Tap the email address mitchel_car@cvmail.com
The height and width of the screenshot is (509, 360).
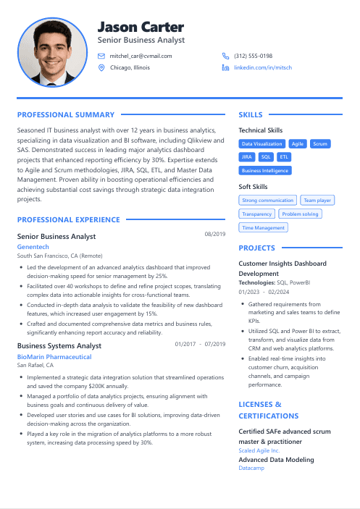(x=141, y=56)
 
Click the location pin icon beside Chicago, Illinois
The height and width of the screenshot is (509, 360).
(x=101, y=67)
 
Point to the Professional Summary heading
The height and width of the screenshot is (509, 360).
(x=66, y=114)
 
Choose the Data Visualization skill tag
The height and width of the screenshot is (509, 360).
(x=262, y=144)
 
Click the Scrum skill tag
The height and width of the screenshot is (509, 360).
(x=320, y=144)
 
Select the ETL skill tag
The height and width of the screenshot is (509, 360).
(x=284, y=156)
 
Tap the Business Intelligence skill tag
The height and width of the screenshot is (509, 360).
(x=265, y=171)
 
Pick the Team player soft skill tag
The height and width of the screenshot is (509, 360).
(x=317, y=201)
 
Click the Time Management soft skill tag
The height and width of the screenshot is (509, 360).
(x=263, y=228)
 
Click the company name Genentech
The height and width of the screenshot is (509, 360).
(x=33, y=247)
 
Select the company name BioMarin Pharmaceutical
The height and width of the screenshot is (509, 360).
(x=54, y=357)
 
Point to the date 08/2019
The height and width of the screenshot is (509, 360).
(x=215, y=235)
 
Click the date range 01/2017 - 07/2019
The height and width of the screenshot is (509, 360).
(x=201, y=344)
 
